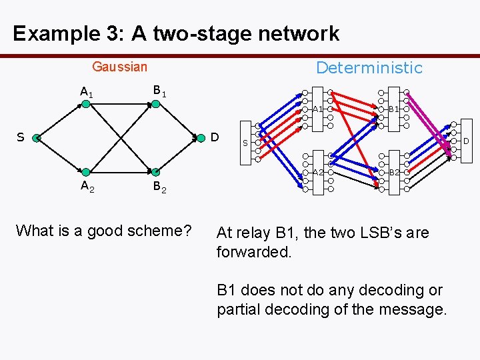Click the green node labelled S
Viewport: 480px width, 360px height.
(36, 139)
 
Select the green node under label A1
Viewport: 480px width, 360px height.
(85, 104)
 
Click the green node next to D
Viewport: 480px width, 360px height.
(201, 139)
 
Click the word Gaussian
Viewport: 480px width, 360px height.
(119, 67)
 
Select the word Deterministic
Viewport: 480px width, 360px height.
(369, 67)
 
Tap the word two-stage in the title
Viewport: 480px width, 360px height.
(197, 33)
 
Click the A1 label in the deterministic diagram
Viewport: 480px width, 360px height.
(318, 109)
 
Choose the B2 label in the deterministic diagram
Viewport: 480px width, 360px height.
(394, 173)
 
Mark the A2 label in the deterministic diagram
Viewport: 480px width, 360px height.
(318, 173)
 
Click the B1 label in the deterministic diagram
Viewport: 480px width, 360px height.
(394, 109)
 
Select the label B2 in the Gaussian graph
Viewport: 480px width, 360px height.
(160, 187)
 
